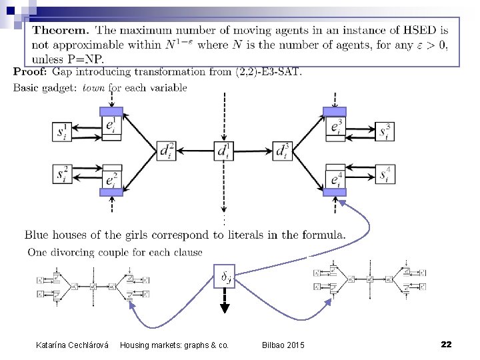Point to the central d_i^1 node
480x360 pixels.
tap(224, 151)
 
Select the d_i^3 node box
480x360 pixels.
tap(283, 151)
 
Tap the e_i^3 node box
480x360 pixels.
tap(335, 124)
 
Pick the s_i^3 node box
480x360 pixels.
tap(386, 131)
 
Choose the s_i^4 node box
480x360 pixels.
tap(386, 175)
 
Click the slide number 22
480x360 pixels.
tap(446, 344)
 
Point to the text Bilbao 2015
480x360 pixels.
tap(282, 345)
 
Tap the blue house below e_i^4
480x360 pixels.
tap(335, 192)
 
